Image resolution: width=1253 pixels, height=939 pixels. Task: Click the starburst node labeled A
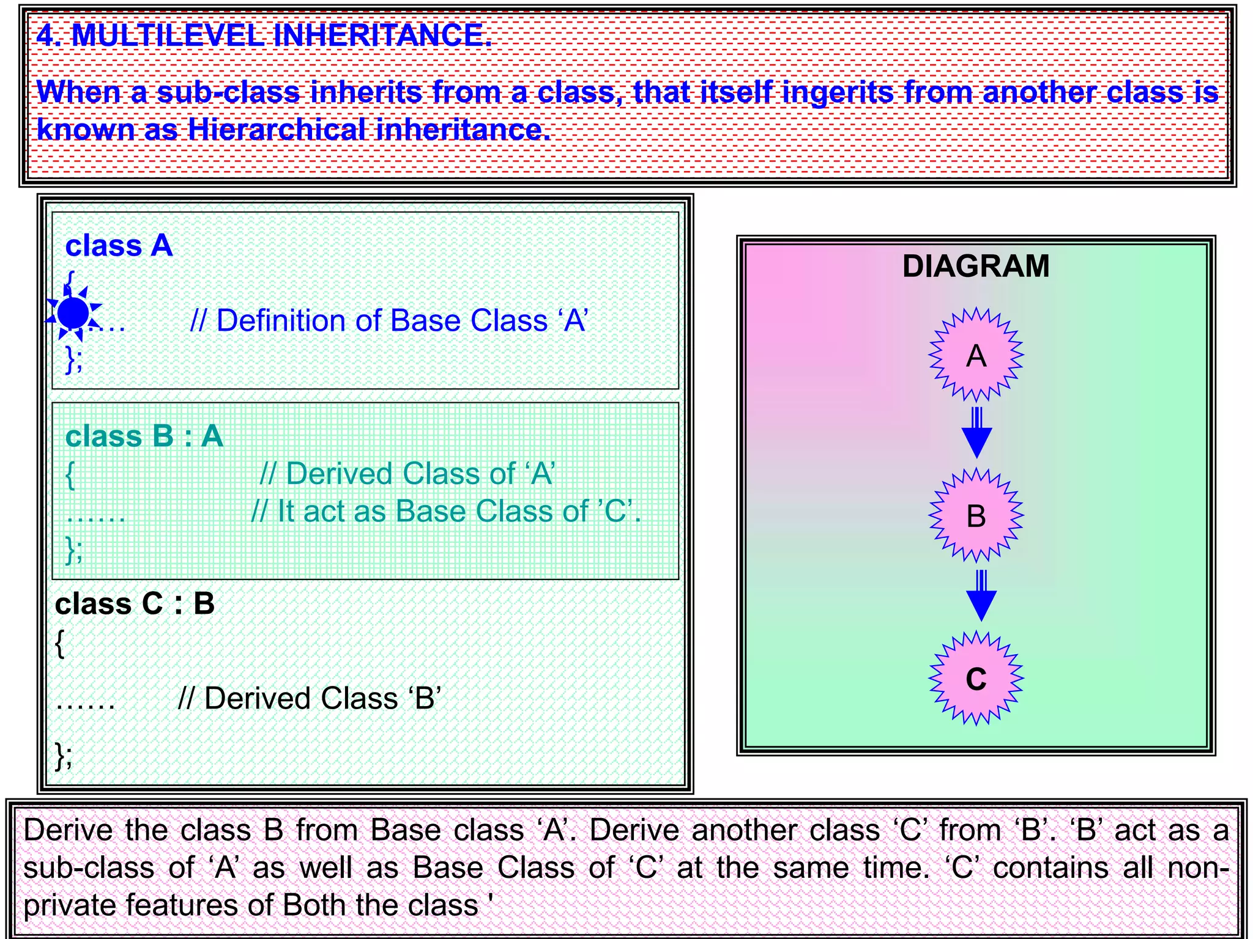click(x=976, y=355)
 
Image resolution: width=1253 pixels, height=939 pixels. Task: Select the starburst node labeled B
click(x=976, y=515)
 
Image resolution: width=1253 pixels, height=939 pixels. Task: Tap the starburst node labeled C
click(x=976, y=678)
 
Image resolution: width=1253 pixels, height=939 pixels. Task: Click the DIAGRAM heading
click(x=976, y=267)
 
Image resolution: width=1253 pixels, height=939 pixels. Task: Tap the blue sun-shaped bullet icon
click(x=73, y=313)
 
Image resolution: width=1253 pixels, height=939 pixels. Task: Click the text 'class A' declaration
click(x=119, y=246)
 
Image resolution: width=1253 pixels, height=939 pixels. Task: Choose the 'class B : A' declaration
click(x=144, y=436)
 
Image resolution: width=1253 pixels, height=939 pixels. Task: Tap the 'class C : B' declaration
click(x=135, y=604)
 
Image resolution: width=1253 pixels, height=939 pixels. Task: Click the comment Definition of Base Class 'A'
click(x=389, y=321)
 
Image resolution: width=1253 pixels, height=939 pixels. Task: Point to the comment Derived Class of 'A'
click(x=407, y=474)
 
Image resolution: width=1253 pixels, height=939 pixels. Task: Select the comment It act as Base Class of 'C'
click(x=446, y=511)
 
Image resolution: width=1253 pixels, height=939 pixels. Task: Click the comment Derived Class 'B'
click(x=310, y=698)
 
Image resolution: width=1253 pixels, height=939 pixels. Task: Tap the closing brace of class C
click(x=63, y=756)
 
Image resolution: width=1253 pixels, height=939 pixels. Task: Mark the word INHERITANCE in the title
click(x=382, y=35)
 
